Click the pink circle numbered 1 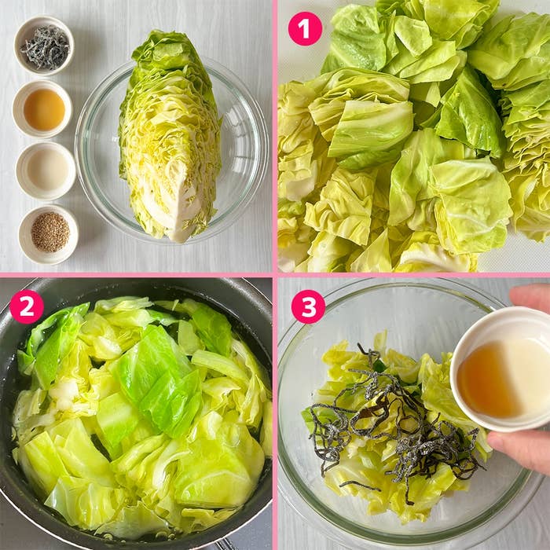click(x=305, y=28)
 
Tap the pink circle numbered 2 click(x=26, y=306)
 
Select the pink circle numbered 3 click(x=308, y=306)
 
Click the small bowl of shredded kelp click(x=44, y=47)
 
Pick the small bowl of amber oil click(x=43, y=109)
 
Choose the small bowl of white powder click(x=46, y=170)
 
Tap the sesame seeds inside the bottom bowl click(x=49, y=233)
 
